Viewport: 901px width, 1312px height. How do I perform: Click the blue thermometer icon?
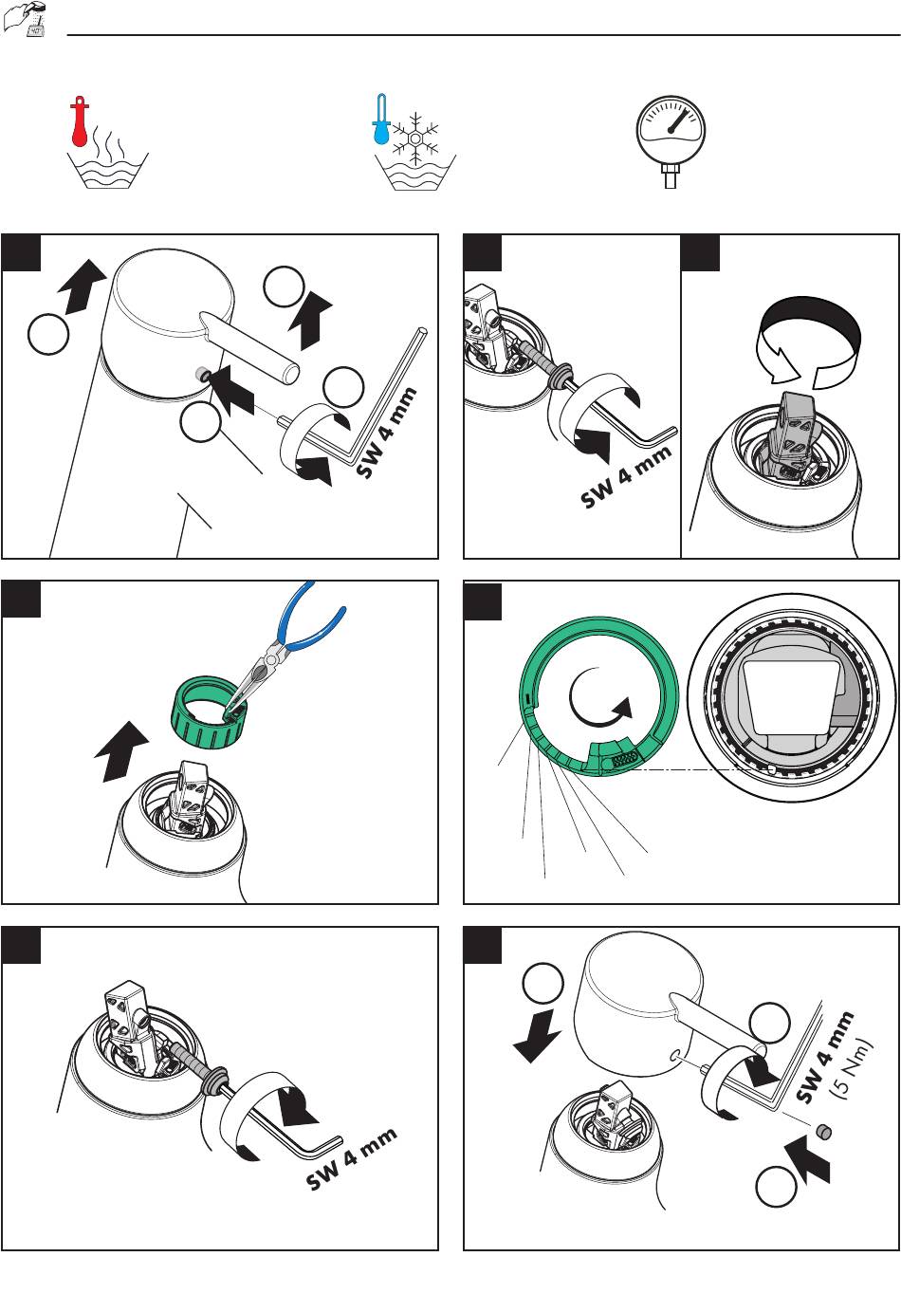tap(381, 120)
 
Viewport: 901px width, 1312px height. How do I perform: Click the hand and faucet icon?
tap(26, 18)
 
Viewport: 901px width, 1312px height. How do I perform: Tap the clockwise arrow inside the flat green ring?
tap(600, 697)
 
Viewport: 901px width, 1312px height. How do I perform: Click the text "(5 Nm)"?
tap(854, 1069)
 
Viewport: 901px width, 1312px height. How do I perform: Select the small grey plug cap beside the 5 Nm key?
tap(824, 1132)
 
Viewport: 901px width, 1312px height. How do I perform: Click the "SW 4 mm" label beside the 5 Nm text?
tap(825, 1058)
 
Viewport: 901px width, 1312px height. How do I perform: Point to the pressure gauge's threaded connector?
tap(671, 176)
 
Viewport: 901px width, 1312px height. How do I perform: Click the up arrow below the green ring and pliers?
tap(120, 751)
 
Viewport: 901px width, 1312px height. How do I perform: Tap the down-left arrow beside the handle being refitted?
tap(537, 1036)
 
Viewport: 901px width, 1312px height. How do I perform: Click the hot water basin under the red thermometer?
tap(108, 170)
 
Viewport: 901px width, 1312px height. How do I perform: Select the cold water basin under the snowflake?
tap(415, 173)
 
